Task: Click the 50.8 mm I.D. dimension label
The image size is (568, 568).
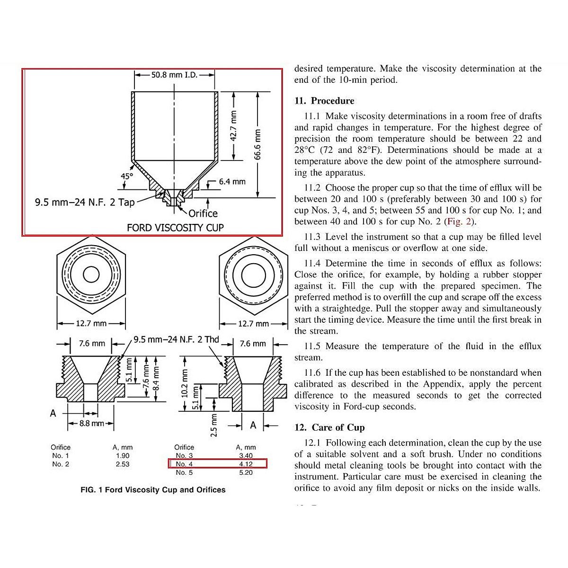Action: tap(174, 75)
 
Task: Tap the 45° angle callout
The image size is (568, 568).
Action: tap(127, 177)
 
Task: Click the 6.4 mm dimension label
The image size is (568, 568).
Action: tap(232, 181)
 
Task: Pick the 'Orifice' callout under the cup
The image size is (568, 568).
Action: tap(203, 213)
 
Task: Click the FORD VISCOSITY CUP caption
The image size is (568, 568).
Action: tap(175, 228)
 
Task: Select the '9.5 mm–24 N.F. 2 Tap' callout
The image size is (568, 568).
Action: tap(85, 203)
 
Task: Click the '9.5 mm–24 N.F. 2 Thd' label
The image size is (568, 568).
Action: tap(176, 340)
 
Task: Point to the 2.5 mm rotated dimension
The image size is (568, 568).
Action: tap(213, 425)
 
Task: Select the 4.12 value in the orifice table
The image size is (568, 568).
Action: tap(246, 464)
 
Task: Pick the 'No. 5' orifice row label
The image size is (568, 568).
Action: tap(184, 472)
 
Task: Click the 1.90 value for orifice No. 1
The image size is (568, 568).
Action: tap(123, 455)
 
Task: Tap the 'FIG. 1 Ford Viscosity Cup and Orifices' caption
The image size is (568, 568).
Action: tap(153, 490)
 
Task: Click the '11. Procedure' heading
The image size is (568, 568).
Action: tap(324, 101)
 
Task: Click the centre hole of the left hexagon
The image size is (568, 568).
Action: tap(91, 275)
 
